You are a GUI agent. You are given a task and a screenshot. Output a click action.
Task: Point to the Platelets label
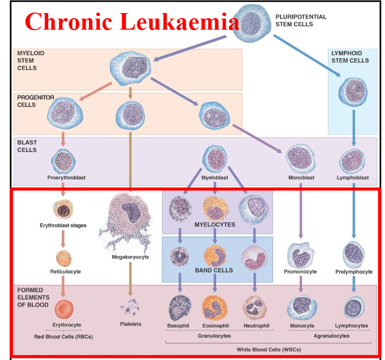(x=131, y=324)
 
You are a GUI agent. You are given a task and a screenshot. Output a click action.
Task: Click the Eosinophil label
(x=215, y=326)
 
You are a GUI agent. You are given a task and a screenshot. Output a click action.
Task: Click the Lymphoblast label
(x=353, y=178)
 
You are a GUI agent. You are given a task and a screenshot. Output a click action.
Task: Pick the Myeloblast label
(x=215, y=178)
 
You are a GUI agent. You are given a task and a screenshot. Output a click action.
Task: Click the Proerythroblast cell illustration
(x=63, y=160)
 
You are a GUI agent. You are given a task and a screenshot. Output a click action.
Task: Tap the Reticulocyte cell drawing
(x=65, y=257)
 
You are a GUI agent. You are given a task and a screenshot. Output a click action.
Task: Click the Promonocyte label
(x=301, y=272)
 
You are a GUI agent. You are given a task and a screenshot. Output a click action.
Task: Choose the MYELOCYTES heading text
(x=215, y=225)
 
